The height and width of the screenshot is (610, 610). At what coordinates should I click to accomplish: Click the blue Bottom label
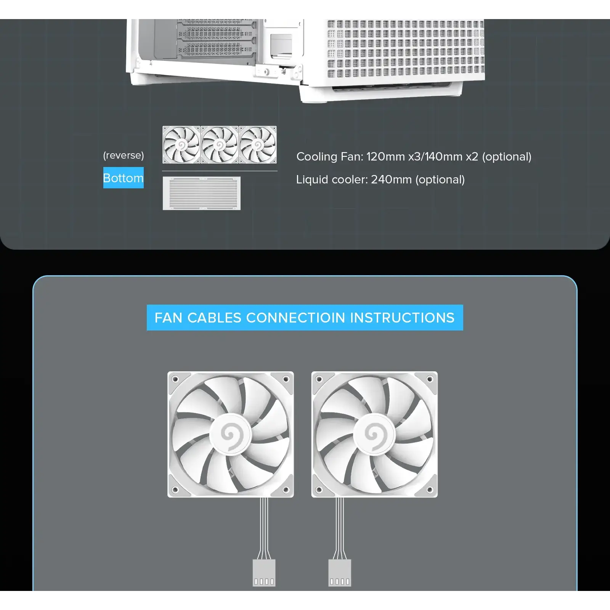pos(123,178)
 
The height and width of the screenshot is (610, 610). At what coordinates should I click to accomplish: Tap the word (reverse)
pos(124,156)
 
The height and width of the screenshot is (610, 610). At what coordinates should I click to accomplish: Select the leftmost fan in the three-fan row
pos(181,145)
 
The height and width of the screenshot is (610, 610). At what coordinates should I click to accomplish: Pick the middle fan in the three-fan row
pos(220,145)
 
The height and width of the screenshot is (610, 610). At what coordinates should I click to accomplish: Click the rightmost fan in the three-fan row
pos(258,145)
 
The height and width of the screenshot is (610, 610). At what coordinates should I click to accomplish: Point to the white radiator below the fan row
pos(201,193)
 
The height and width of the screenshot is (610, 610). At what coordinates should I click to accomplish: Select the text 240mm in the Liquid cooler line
pos(391,180)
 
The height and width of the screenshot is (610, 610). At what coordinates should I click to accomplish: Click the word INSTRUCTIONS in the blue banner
pos(402,318)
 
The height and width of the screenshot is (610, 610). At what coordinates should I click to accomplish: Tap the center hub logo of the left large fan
pos(230,435)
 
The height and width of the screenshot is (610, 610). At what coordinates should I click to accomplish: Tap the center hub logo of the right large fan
pos(374,435)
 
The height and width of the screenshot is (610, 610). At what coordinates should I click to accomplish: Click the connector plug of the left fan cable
pos(264,573)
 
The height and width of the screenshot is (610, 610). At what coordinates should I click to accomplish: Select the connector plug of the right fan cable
pos(339,573)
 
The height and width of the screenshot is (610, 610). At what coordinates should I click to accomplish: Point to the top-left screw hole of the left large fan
pos(175,379)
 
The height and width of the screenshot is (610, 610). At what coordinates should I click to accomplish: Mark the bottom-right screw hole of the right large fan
pos(430,490)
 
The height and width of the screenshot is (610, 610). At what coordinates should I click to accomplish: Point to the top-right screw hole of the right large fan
pos(430,379)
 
